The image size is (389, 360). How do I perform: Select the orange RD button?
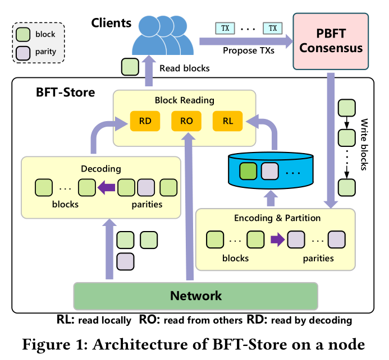(x=145, y=120)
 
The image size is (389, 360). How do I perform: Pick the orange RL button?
(x=227, y=120)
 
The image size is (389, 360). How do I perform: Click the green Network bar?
(x=196, y=296)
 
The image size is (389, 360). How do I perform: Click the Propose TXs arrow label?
(x=248, y=51)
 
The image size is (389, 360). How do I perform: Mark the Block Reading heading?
(x=185, y=101)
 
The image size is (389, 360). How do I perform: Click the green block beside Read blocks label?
(x=130, y=67)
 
